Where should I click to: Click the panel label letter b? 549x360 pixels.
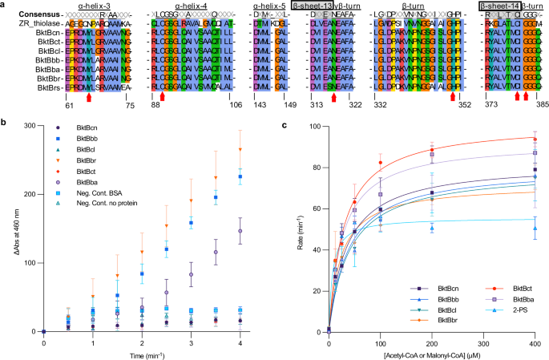[4, 122]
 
